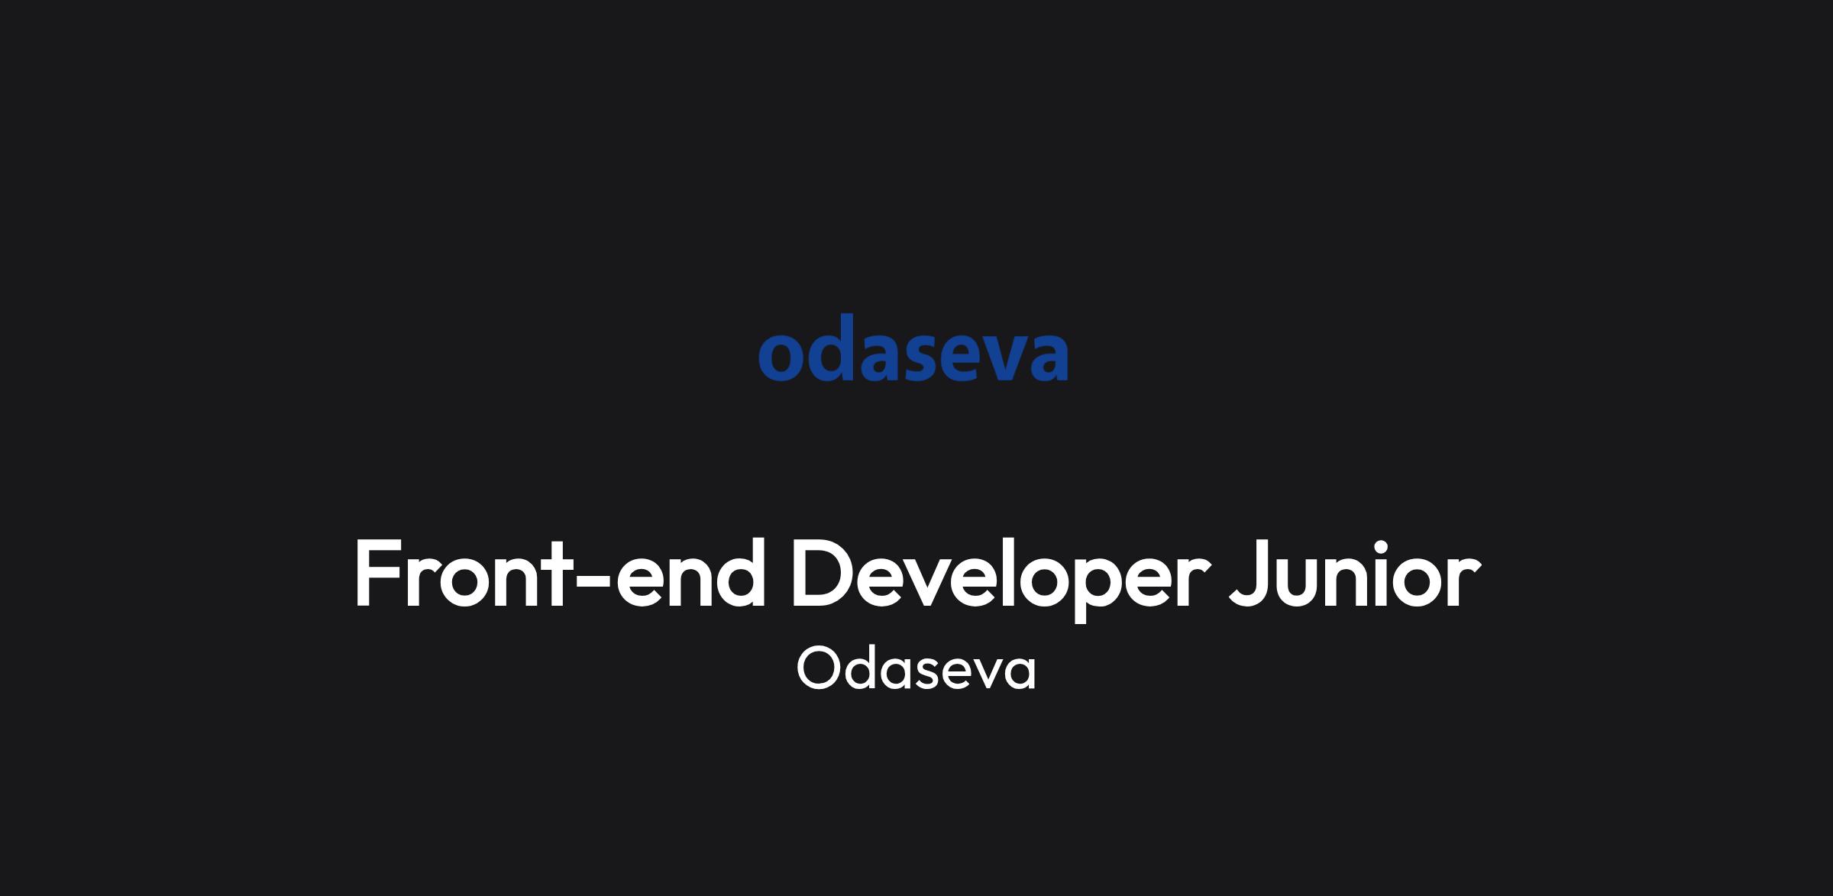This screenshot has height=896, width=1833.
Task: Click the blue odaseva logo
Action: (913, 348)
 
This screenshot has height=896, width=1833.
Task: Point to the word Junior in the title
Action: (1355, 573)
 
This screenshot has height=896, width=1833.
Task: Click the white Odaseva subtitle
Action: (916, 668)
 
